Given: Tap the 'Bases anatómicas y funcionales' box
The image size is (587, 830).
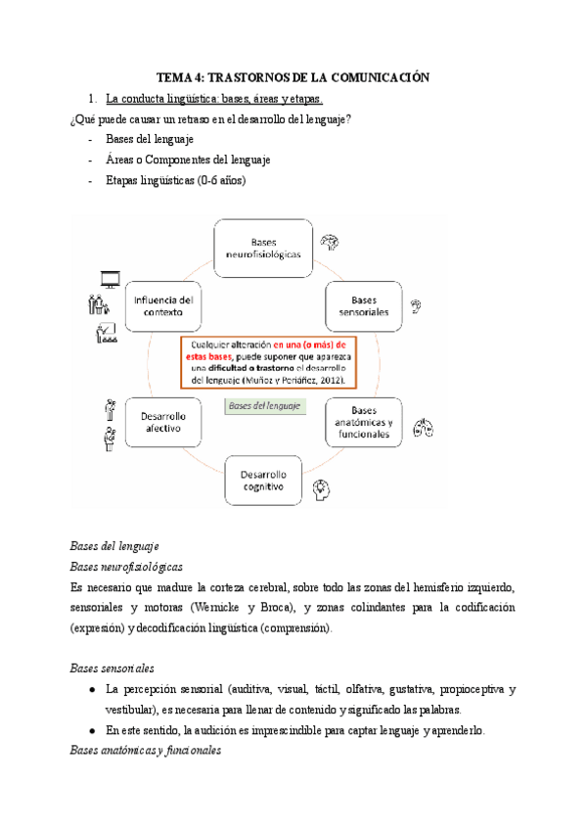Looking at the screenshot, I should click(363, 423).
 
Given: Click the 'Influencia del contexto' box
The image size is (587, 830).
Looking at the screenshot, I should click(162, 305).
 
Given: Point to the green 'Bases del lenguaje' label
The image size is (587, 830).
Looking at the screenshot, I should click(263, 405).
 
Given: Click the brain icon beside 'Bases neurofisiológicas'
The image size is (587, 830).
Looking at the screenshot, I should click(332, 243).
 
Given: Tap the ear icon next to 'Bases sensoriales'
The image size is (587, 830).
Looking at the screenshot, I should click(416, 305).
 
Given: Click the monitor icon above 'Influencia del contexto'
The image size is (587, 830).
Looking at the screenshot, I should click(107, 281).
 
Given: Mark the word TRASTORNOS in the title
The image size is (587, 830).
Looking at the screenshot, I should click(257, 77).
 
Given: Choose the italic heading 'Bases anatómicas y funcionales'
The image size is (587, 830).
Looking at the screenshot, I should click(146, 752).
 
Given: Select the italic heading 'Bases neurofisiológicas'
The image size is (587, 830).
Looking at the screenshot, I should click(126, 566).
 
